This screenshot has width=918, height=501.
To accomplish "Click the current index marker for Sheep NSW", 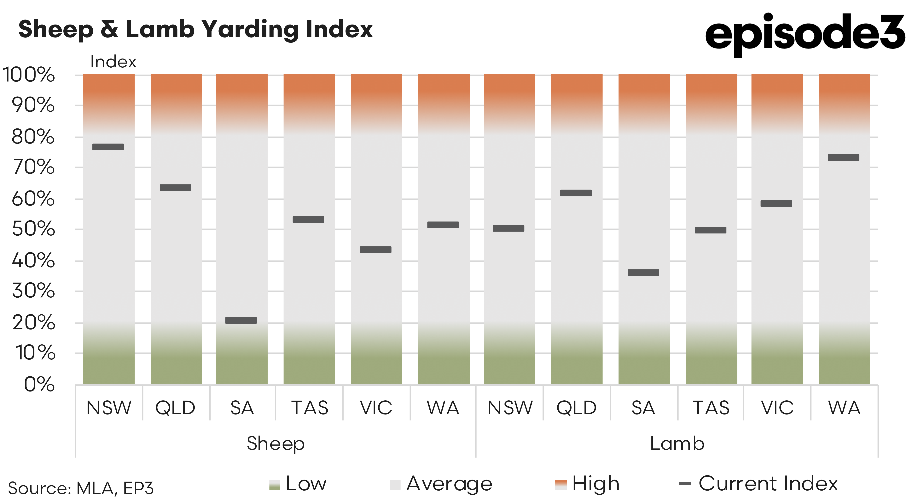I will pos(108,147).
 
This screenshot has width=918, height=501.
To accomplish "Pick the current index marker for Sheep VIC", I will pos(376,249).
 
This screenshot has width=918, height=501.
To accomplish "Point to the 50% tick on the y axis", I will pos(33,229).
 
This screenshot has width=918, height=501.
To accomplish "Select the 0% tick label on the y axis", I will pos(39,385).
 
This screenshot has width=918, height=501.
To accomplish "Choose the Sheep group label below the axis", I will pos(276,444).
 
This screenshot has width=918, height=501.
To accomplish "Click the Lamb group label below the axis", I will pos(677,444).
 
